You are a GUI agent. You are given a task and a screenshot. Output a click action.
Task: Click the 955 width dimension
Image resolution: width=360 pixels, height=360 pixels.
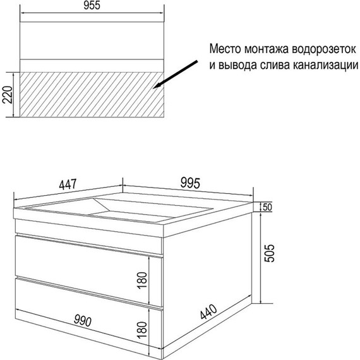(92, 6)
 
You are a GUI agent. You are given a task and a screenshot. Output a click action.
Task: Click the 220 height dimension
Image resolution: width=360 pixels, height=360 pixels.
(7, 95)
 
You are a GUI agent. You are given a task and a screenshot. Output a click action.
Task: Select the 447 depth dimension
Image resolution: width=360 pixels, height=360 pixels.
(68, 184)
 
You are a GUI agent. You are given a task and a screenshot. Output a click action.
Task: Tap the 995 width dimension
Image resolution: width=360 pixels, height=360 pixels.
(190, 183)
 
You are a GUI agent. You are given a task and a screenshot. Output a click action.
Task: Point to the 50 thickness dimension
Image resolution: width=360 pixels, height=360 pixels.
(267, 207)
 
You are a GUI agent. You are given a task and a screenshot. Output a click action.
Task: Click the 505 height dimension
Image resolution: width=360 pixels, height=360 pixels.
(269, 253)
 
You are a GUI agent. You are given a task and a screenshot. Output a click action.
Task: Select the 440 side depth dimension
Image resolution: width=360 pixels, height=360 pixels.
(208, 311)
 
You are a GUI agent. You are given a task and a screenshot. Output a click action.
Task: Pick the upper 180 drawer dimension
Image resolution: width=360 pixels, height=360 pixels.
(142, 280)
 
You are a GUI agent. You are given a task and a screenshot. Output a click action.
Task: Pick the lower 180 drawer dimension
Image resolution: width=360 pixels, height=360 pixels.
(142, 330)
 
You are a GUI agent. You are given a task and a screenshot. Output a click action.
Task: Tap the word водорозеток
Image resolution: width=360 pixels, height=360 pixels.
(324, 49)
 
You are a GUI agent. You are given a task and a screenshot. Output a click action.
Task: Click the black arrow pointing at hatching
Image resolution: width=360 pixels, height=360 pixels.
(175, 75)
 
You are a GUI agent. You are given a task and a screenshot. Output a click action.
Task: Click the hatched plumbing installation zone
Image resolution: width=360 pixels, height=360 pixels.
(92, 95)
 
